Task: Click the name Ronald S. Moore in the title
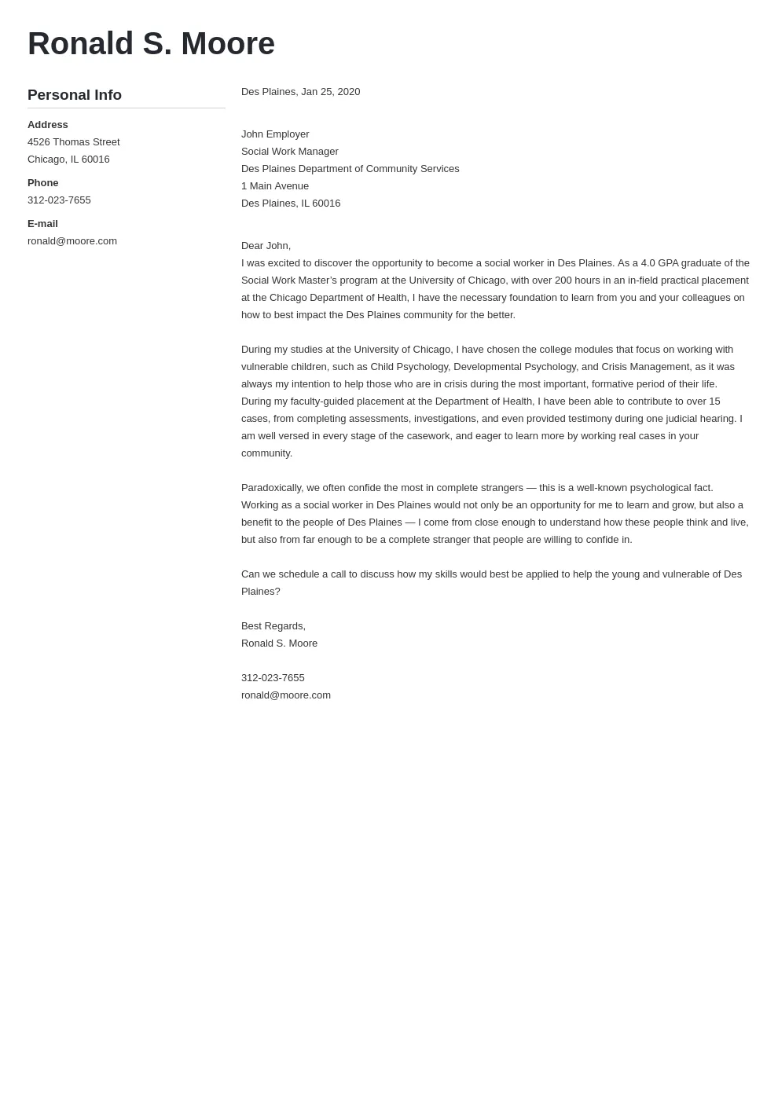coord(151,44)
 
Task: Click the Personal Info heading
coord(75,95)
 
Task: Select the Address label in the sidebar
coord(48,125)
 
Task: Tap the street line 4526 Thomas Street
coord(74,142)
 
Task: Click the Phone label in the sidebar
coord(43,183)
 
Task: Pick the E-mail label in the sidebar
coord(43,224)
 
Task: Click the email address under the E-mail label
coord(72,241)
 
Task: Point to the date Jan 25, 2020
coord(330,92)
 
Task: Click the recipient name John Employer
coord(275,134)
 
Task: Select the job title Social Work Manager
coord(290,152)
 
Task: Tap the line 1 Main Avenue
coord(275,186)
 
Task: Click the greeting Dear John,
coord(266,246)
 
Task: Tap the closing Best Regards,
coord(273,626)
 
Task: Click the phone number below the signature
coord(273,678)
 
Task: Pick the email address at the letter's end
coord(286,695)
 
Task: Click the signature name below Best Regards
coord(280,643)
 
